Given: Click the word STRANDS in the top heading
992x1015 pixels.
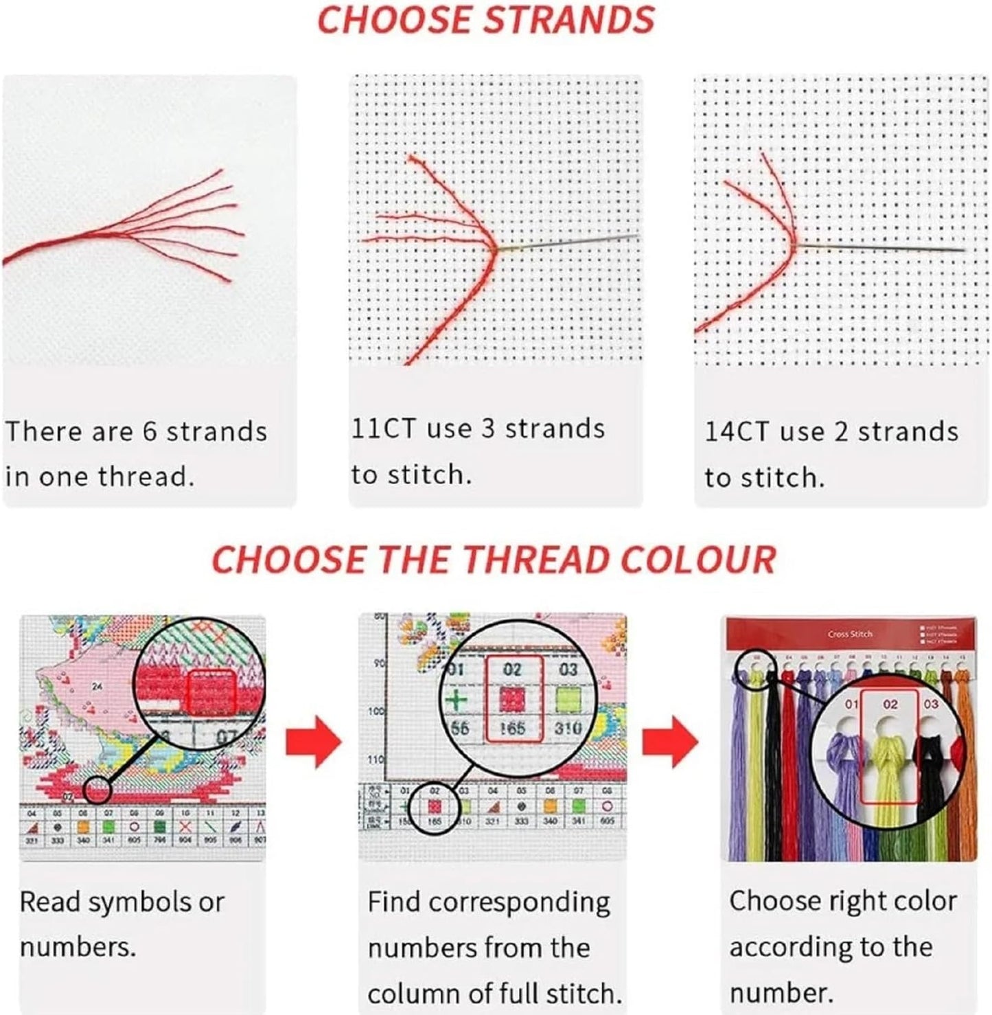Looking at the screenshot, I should tap(569, 20).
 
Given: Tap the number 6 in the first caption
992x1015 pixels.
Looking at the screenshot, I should tap(150, 431).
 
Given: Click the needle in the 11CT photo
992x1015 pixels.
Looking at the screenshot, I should tap(570, 242).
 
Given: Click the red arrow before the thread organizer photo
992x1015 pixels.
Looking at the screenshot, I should tap(670, 742).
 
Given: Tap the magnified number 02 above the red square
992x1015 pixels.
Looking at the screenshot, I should tap(512, 670).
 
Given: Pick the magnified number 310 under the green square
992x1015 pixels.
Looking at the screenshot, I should tap(568, 727).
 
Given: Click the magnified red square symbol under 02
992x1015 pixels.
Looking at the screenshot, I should tap(512, 700).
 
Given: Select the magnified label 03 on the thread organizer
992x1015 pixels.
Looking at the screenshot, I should tap(931, 704).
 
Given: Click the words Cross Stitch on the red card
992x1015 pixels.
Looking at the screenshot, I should tap(850, 634).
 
